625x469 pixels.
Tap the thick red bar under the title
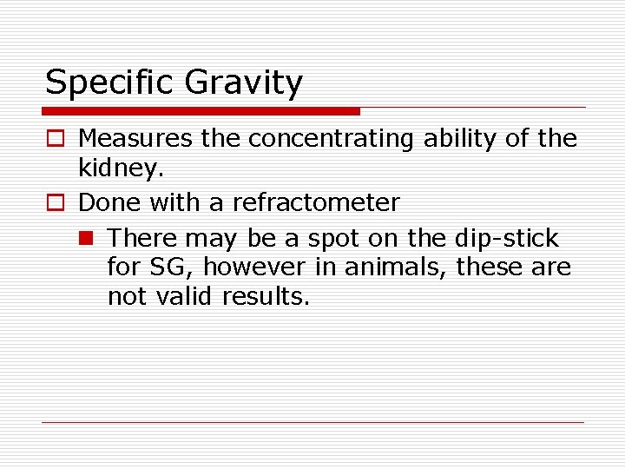(201, 111)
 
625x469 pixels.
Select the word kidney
(119, 169)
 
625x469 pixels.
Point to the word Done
(109, 203)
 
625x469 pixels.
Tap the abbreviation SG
(171, 268)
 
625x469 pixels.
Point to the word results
(266, 296)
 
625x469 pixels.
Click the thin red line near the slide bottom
(312, 423)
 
